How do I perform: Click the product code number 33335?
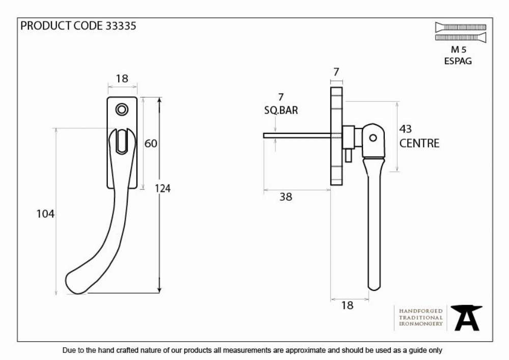[121, 25]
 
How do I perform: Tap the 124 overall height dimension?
[162, 188]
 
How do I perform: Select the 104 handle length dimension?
[45, 213]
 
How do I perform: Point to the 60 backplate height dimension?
[151, 143]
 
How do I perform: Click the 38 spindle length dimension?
[286, 197]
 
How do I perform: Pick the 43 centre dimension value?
[406, 129]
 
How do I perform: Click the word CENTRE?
[419, 143]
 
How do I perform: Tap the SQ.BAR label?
[281, 110]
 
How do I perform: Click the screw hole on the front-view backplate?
[122, 109]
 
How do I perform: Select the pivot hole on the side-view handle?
[373, 137]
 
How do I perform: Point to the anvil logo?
[466, 318]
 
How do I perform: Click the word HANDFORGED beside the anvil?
[421, 311]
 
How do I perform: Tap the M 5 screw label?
[459, 50]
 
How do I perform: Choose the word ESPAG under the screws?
[458, 61]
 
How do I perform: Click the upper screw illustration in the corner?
[461, 27]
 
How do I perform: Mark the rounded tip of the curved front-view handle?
[70, 283]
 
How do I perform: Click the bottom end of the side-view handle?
[374, 289]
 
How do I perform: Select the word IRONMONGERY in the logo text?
[421, 324]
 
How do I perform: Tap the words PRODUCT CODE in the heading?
[62, 25]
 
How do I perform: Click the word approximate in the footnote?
[305, 351]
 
